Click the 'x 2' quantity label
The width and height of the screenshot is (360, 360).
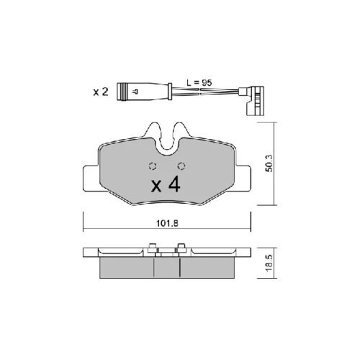tap(101, 92)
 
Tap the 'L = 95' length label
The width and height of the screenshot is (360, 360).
tap(199, 83)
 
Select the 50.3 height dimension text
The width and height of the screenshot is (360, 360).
tap(269, 163)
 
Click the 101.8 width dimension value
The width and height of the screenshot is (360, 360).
tap(167, 223)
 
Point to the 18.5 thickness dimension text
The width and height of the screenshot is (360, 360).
tap(270, 263)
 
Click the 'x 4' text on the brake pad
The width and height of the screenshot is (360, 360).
tap(166, 185)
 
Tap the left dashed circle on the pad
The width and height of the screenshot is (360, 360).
tap(153, 166)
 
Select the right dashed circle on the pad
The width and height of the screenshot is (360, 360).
tap(181, 166)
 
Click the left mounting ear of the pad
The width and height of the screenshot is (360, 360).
tap(91, 179)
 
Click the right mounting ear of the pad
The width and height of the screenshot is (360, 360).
tap(243, 179)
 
